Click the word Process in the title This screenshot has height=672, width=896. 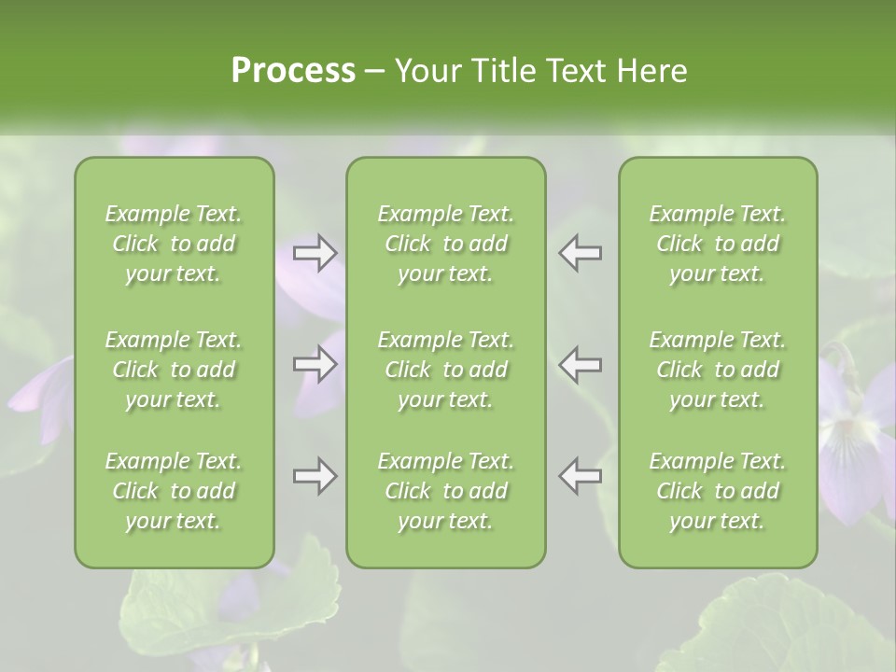pyautogui.click(x=293, y=70)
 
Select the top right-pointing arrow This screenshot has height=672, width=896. pyautogui.click(x=315, y=253)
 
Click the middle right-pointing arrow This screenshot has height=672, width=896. pyautogui.click(x=315, y=364)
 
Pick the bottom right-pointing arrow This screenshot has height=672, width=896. pyautogui.click(x=315, y=476)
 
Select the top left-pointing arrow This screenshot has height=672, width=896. pyautogui.click(x=581, y=253)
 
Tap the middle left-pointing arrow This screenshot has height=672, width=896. pyautogui.click(x=581, y=364)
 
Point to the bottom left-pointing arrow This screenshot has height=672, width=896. pyautogui.click(x=581, y=476)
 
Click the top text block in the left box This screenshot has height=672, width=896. pyautogui.click(x=174, y=244)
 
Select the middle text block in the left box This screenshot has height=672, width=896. pyautogui.click(x=174, y=370)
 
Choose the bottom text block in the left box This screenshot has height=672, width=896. pyautogui.click(x=174, y=491)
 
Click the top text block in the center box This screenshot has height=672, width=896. pyautogui.click(x=446, y=244)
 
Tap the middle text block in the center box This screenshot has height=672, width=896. pyautogui.click(x=446, y=370)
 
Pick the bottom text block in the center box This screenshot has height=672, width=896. pyautogui.click(x=446, y=491)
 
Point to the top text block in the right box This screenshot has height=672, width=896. pyautogui.click(x=718, y=244)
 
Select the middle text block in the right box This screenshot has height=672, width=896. pyautogui.click(x=718, y=370)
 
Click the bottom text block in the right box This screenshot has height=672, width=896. pyautogui.click(x=718, y=491)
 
